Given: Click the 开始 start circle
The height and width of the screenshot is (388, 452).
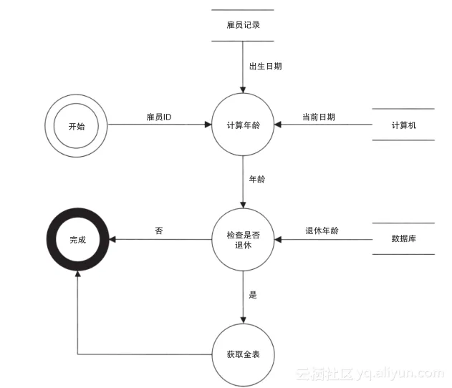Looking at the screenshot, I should (x=76, y=126).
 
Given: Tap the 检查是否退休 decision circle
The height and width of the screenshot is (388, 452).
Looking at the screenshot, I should (x=243, y=240).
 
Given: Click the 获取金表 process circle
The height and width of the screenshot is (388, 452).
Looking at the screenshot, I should (x=243, y=354).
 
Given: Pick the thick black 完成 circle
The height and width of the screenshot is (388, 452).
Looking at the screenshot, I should (x=77, y=240).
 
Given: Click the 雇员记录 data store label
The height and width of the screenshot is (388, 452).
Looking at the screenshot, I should (x=243, y=24).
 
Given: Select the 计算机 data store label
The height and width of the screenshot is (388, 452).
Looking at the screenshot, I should (x=404, y=125).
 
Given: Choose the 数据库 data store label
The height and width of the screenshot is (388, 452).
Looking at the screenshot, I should (x=404, y=239).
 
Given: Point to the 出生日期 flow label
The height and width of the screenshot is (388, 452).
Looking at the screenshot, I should (x=265, y=67).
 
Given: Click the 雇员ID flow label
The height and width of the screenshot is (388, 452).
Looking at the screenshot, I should (x=158, y=117).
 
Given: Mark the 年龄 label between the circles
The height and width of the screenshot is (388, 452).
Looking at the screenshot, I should (x=256, y=180).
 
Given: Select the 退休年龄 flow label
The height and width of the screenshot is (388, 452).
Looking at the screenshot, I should (x=322, y=231).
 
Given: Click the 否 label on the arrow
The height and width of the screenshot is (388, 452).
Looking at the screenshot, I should (x=158, y=231).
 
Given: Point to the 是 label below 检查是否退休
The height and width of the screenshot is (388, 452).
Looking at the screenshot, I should (x=252, y=294).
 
